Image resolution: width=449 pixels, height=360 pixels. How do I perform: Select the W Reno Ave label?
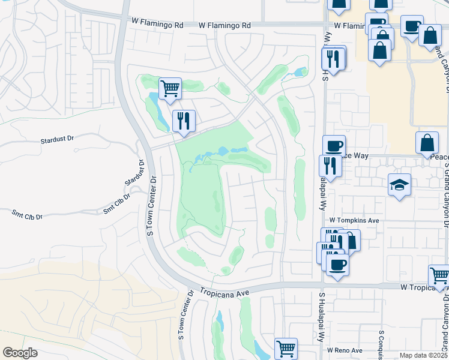(x=345, y=350)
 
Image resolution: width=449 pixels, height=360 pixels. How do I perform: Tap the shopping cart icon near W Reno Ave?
(x=286, y=347)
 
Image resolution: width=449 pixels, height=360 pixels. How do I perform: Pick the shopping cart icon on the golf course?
(x=170, y=88)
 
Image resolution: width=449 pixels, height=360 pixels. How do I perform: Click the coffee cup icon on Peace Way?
(x=334, y=145)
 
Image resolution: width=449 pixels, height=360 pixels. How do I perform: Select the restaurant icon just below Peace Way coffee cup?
(x=330, y=165)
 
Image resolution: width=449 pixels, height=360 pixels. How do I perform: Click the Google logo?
(x=20, y=352)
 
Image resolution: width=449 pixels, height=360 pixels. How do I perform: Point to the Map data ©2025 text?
(x=423, y=355)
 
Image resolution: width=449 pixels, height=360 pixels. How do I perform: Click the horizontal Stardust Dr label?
(x=57, y=139)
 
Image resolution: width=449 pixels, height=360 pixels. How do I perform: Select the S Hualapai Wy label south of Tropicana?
(x=322, y=310)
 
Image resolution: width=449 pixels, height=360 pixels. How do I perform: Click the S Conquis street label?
(x=381, y=345)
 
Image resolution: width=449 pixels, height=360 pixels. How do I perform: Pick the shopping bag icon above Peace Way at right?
(x=427, y=143)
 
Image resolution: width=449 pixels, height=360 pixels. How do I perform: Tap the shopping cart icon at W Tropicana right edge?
(x=439, y=275)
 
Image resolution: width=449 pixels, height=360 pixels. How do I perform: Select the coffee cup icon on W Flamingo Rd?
(x=411, y=26)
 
